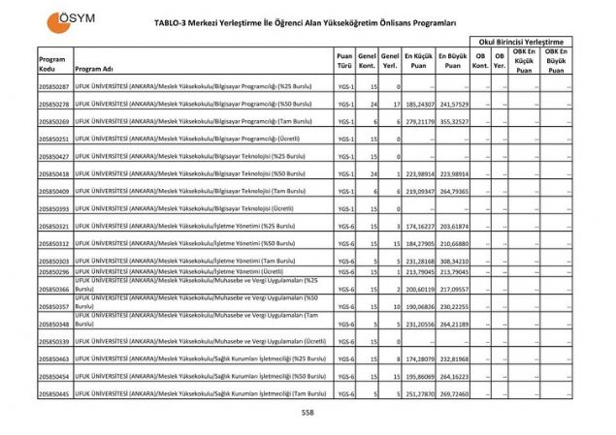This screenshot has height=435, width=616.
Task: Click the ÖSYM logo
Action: tap(65, 20)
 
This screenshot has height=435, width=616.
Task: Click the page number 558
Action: tap(308, 412)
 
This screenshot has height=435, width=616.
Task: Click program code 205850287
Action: tap(54, 87)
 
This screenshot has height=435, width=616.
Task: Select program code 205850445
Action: tap(54, 393)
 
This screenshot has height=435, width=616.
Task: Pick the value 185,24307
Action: tap(418, 104)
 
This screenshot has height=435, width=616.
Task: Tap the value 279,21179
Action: tap(418, 121)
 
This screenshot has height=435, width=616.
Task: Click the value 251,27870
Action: tap(418, 393)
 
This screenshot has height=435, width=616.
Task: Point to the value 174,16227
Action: tap(418, 226)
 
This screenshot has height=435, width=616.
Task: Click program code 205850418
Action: tap(54, 173)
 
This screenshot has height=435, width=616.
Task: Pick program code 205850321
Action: tap(54, 226)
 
